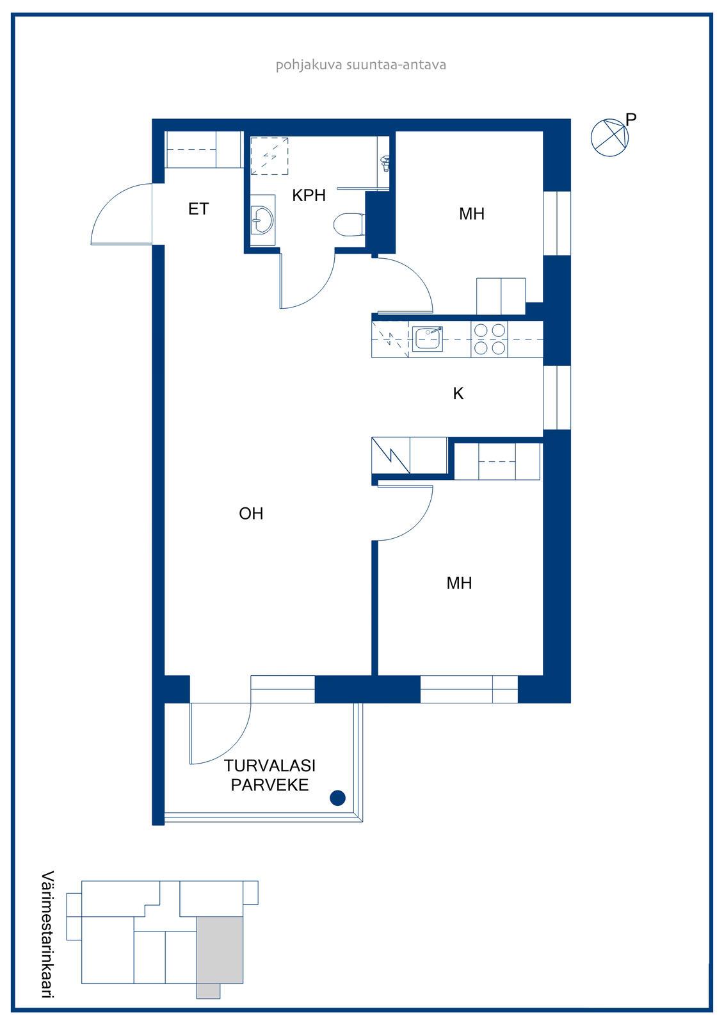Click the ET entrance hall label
click(x=198, y=209)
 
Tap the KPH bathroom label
click(x=309, y=195)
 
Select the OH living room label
click(x=251, y=513)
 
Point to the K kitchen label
click(x=458, y=393)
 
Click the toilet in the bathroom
click(x=350, y=225)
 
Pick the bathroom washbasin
click(x=262, y=220)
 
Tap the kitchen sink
click(x=427, y=339)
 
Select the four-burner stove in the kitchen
click(x=489, y=339)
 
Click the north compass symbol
click(x=609, y=138)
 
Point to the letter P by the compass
click(x=631, y=119)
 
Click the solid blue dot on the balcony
click(x=337, y=798)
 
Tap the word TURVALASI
click(x=270, y=766)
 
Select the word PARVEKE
click(x=270, y=785)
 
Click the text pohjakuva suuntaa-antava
click(x=361, y=65)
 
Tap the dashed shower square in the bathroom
click(x=269, y=156)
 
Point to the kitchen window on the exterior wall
click(x=557, y=397)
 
